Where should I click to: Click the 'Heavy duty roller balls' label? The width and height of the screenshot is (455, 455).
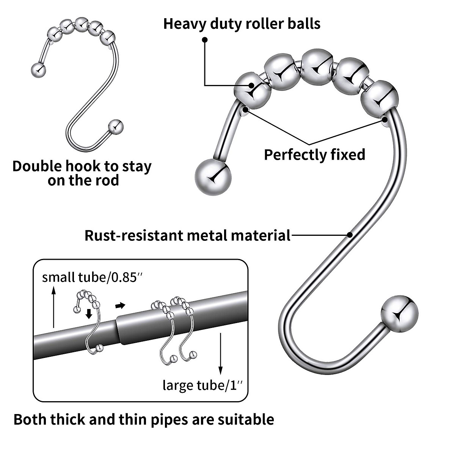(x=242, y=24)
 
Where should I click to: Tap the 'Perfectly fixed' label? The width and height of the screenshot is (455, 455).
(x=314, y=155)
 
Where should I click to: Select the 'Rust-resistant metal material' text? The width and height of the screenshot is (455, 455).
(x=187, y=235)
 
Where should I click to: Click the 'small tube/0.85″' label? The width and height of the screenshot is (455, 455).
(x=93, y=277)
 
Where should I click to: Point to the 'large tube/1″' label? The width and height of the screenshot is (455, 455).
(x=202, y=385)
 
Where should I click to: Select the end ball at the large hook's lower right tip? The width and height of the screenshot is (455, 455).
(x=399, y=314)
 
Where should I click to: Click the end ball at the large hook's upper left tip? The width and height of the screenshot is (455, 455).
(x=213, y=176)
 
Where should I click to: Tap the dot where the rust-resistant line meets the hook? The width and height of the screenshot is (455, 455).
(x=350, y=235)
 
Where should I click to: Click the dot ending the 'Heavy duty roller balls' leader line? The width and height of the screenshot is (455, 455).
(x=205, y=39)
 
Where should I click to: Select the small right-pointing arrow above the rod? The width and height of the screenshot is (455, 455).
(x=120, y=305)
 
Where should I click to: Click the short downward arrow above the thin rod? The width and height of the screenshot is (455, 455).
(x=89, y=314)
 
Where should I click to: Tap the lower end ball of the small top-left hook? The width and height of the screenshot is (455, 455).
(x=116, y=126)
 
